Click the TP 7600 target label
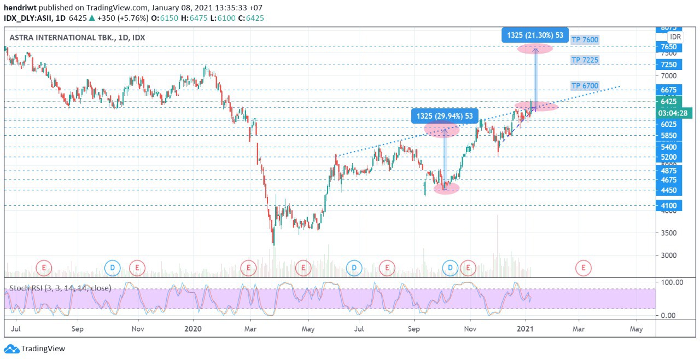[x=585, y=39]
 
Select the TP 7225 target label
[x=585, y=60]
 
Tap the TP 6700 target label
[x=585, y=86]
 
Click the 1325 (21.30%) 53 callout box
[x=535, y=36]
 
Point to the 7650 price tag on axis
[x=668, y=47]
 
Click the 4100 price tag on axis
[x=668, y=206]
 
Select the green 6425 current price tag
[x=668, y=102]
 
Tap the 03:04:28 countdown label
[x=675, y=113]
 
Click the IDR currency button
[x=675, y=37]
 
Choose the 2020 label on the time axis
[x=193, y=329]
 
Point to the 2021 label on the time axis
[x=525, y=329]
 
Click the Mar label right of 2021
[x=579, y=329]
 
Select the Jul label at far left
[x=16, y=329]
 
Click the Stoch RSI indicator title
[x=60, y=288]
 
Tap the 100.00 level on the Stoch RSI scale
[x=672, y=282]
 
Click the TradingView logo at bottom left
[x=35, y=349]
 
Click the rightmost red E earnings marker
[x=584, y=268]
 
